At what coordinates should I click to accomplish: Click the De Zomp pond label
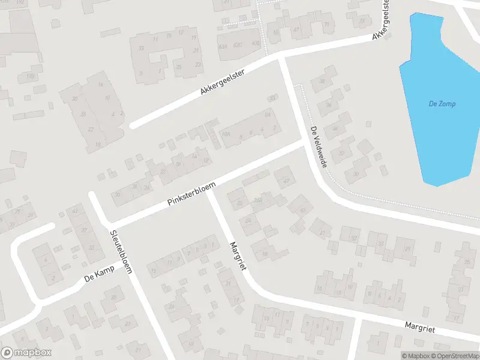click(442, 104)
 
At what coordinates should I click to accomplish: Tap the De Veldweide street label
click(318, 147)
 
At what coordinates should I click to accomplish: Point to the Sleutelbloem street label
click(121, 251)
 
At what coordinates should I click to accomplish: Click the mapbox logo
click(26, 352)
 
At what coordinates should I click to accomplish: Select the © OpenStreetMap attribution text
click(454, 356)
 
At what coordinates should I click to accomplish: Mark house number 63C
click(238, 44)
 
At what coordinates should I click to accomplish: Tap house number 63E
click(256, 43)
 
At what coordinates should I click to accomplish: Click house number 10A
click(226, 134)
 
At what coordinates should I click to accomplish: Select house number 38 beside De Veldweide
click(322, 81)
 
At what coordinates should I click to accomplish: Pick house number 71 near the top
click(326, 25)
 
